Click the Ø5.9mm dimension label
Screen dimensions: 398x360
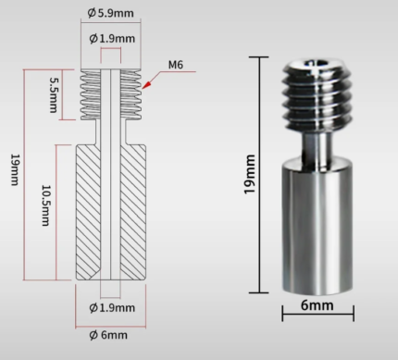pos(110,13)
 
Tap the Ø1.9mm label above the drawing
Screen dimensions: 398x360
pos(112,39)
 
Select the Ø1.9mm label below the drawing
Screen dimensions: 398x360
pos(112,307)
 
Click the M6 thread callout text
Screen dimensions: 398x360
pos(176,65)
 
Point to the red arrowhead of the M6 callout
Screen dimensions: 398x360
pos(146,85)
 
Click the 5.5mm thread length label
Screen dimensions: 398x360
pos(54,94)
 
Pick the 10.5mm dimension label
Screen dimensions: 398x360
pos(45,205)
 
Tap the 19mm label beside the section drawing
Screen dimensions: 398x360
pos(15,169)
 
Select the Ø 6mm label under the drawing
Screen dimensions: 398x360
pos(108,335)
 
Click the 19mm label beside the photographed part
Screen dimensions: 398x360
pos(250,174)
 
